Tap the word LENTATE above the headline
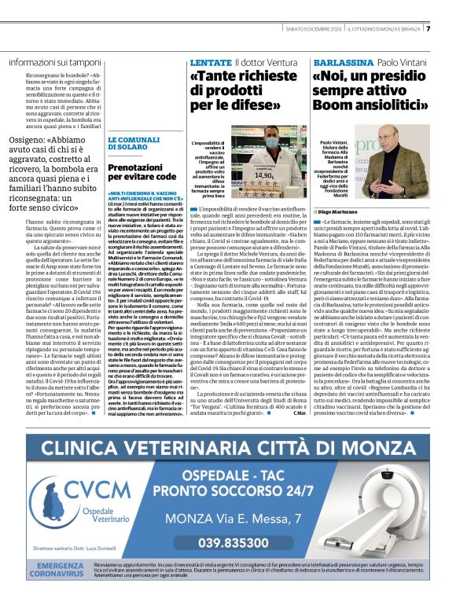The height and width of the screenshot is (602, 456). (x=211, y=61)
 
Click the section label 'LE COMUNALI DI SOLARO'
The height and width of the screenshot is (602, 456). (x=129, y=145)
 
